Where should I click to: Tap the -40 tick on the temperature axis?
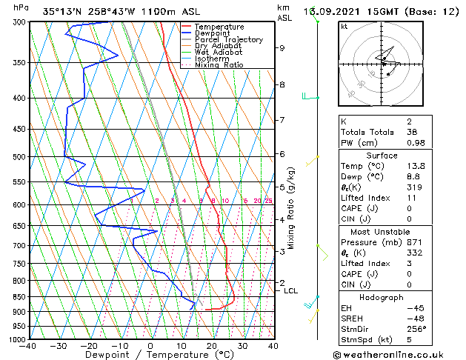[28, 346]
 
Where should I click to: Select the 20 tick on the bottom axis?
[211, 346]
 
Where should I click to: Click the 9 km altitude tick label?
[282, 48]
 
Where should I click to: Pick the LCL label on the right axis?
[291, 291]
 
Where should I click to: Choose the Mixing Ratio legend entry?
[219, 65]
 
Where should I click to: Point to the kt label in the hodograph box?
[344, 27]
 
